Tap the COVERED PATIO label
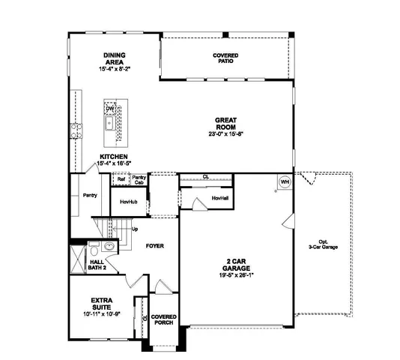225,59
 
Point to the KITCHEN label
114,157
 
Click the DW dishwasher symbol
110,109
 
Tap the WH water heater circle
285,181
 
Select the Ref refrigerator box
120,179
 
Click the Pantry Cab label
139,179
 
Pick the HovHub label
128,202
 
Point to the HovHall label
219,198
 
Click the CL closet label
205,178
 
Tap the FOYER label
154,245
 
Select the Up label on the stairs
135,229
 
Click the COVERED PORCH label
163,320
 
